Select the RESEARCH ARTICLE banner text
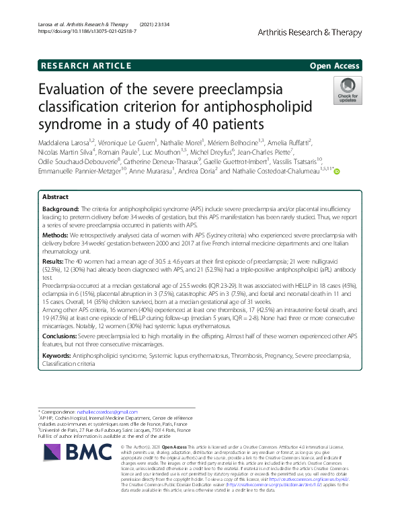point(86,65)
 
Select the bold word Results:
point(54,260)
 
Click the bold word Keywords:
point(57,354)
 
